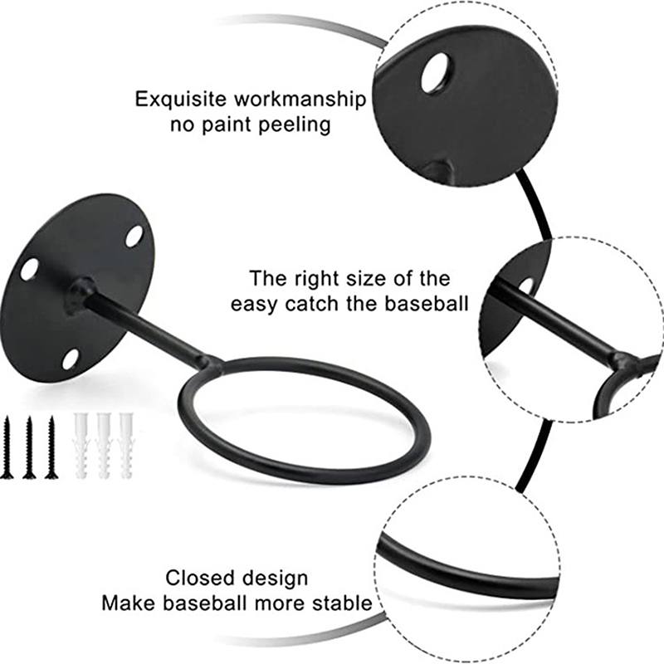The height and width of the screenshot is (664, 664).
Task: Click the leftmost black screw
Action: [8, 446]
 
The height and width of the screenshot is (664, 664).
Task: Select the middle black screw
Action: [29, 446]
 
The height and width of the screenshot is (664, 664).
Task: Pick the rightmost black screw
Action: [51, 446]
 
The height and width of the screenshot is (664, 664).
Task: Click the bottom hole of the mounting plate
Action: [71, 359]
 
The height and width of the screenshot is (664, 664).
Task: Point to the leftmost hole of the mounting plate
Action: [29, 268]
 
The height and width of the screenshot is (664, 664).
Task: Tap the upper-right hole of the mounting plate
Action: [134, 235]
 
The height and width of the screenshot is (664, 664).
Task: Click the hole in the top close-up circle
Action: [436, 73]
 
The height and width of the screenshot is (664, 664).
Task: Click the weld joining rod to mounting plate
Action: [81, 292]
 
